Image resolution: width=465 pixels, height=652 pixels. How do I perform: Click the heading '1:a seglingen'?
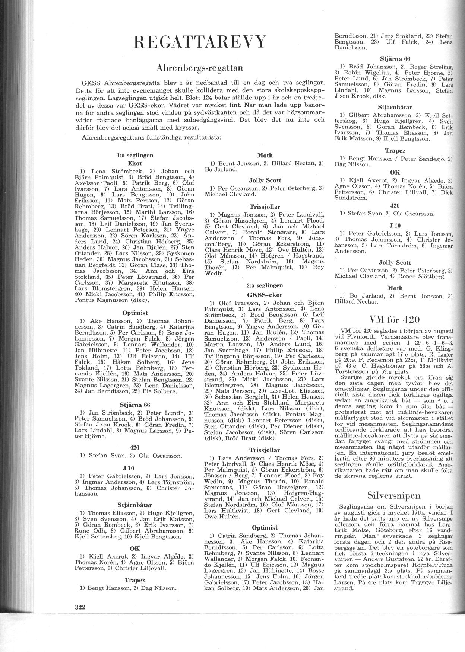135,155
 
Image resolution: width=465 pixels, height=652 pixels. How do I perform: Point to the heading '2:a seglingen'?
265,285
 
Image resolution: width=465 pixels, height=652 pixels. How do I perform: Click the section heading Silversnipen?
394,495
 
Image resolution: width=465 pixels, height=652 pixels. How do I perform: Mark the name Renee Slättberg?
425,277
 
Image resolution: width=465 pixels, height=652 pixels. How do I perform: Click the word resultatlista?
203,138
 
